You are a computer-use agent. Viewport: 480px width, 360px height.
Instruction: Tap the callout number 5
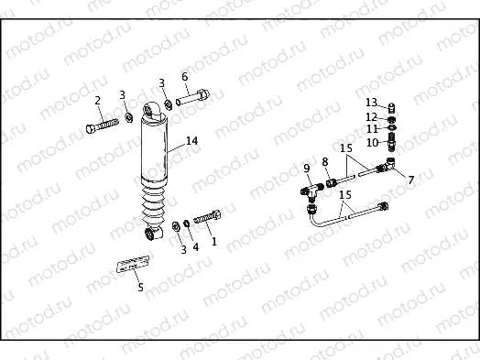(x=140, y=287)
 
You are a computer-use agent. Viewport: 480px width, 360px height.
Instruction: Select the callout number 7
(x=409, y=180)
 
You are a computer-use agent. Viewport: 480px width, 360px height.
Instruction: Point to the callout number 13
(x=371, y=102)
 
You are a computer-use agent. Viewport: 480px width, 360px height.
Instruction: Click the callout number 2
(x=98, y=100)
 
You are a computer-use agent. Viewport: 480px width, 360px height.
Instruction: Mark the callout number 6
(x=184, y=77)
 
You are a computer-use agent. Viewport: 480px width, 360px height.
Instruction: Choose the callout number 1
(x=214, y=242)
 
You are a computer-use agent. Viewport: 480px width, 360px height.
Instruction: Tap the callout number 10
(x=372, y=143)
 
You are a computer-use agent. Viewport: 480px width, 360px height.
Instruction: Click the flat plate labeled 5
(x=129, y=265)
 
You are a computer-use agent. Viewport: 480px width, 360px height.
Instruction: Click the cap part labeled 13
(x=392, y=106)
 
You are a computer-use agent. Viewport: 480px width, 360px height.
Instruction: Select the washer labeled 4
(x=187, y=222)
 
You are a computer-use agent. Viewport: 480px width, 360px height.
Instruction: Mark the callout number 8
(x=324, y=162)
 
